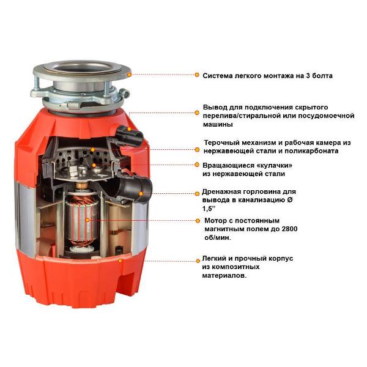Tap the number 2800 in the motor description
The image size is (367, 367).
[289, 229]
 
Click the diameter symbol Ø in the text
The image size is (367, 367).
[290, 201]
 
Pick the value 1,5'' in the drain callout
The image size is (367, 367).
[209, 209]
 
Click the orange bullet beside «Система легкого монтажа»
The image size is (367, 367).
[197, 75]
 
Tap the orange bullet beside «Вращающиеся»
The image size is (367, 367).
[197, 165]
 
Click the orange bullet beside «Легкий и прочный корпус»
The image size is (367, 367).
[198, 261]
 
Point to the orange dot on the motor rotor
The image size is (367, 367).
[87, 220]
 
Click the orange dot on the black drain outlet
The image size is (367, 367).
[141, 193]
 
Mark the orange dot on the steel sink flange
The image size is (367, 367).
[129, 75]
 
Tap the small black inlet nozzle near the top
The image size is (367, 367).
[130, 134]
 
